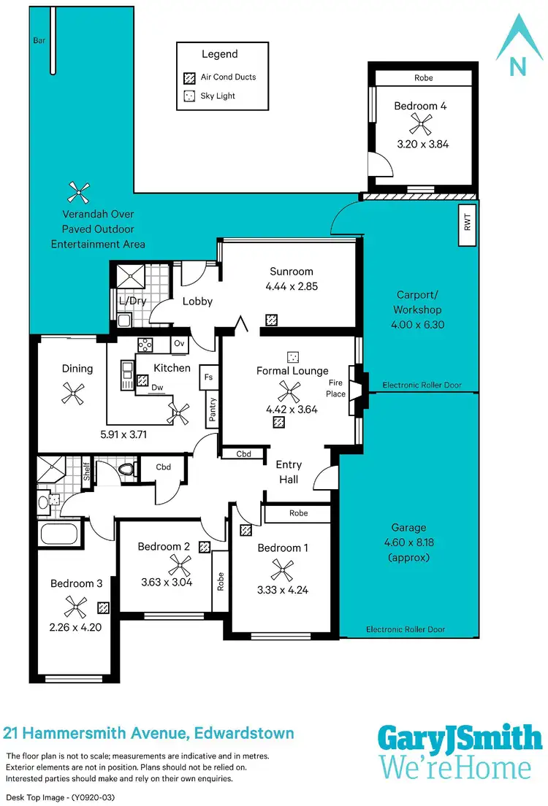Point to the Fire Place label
point(336,388)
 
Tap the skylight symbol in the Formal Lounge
point(292,357)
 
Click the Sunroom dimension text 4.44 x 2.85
point(292,287)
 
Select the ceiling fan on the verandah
point(78,192)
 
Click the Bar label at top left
point(39,41)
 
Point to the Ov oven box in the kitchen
point(179,344)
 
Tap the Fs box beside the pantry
point(209,377)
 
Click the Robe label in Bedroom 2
point(220,581)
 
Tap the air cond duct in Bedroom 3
point(104,607)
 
